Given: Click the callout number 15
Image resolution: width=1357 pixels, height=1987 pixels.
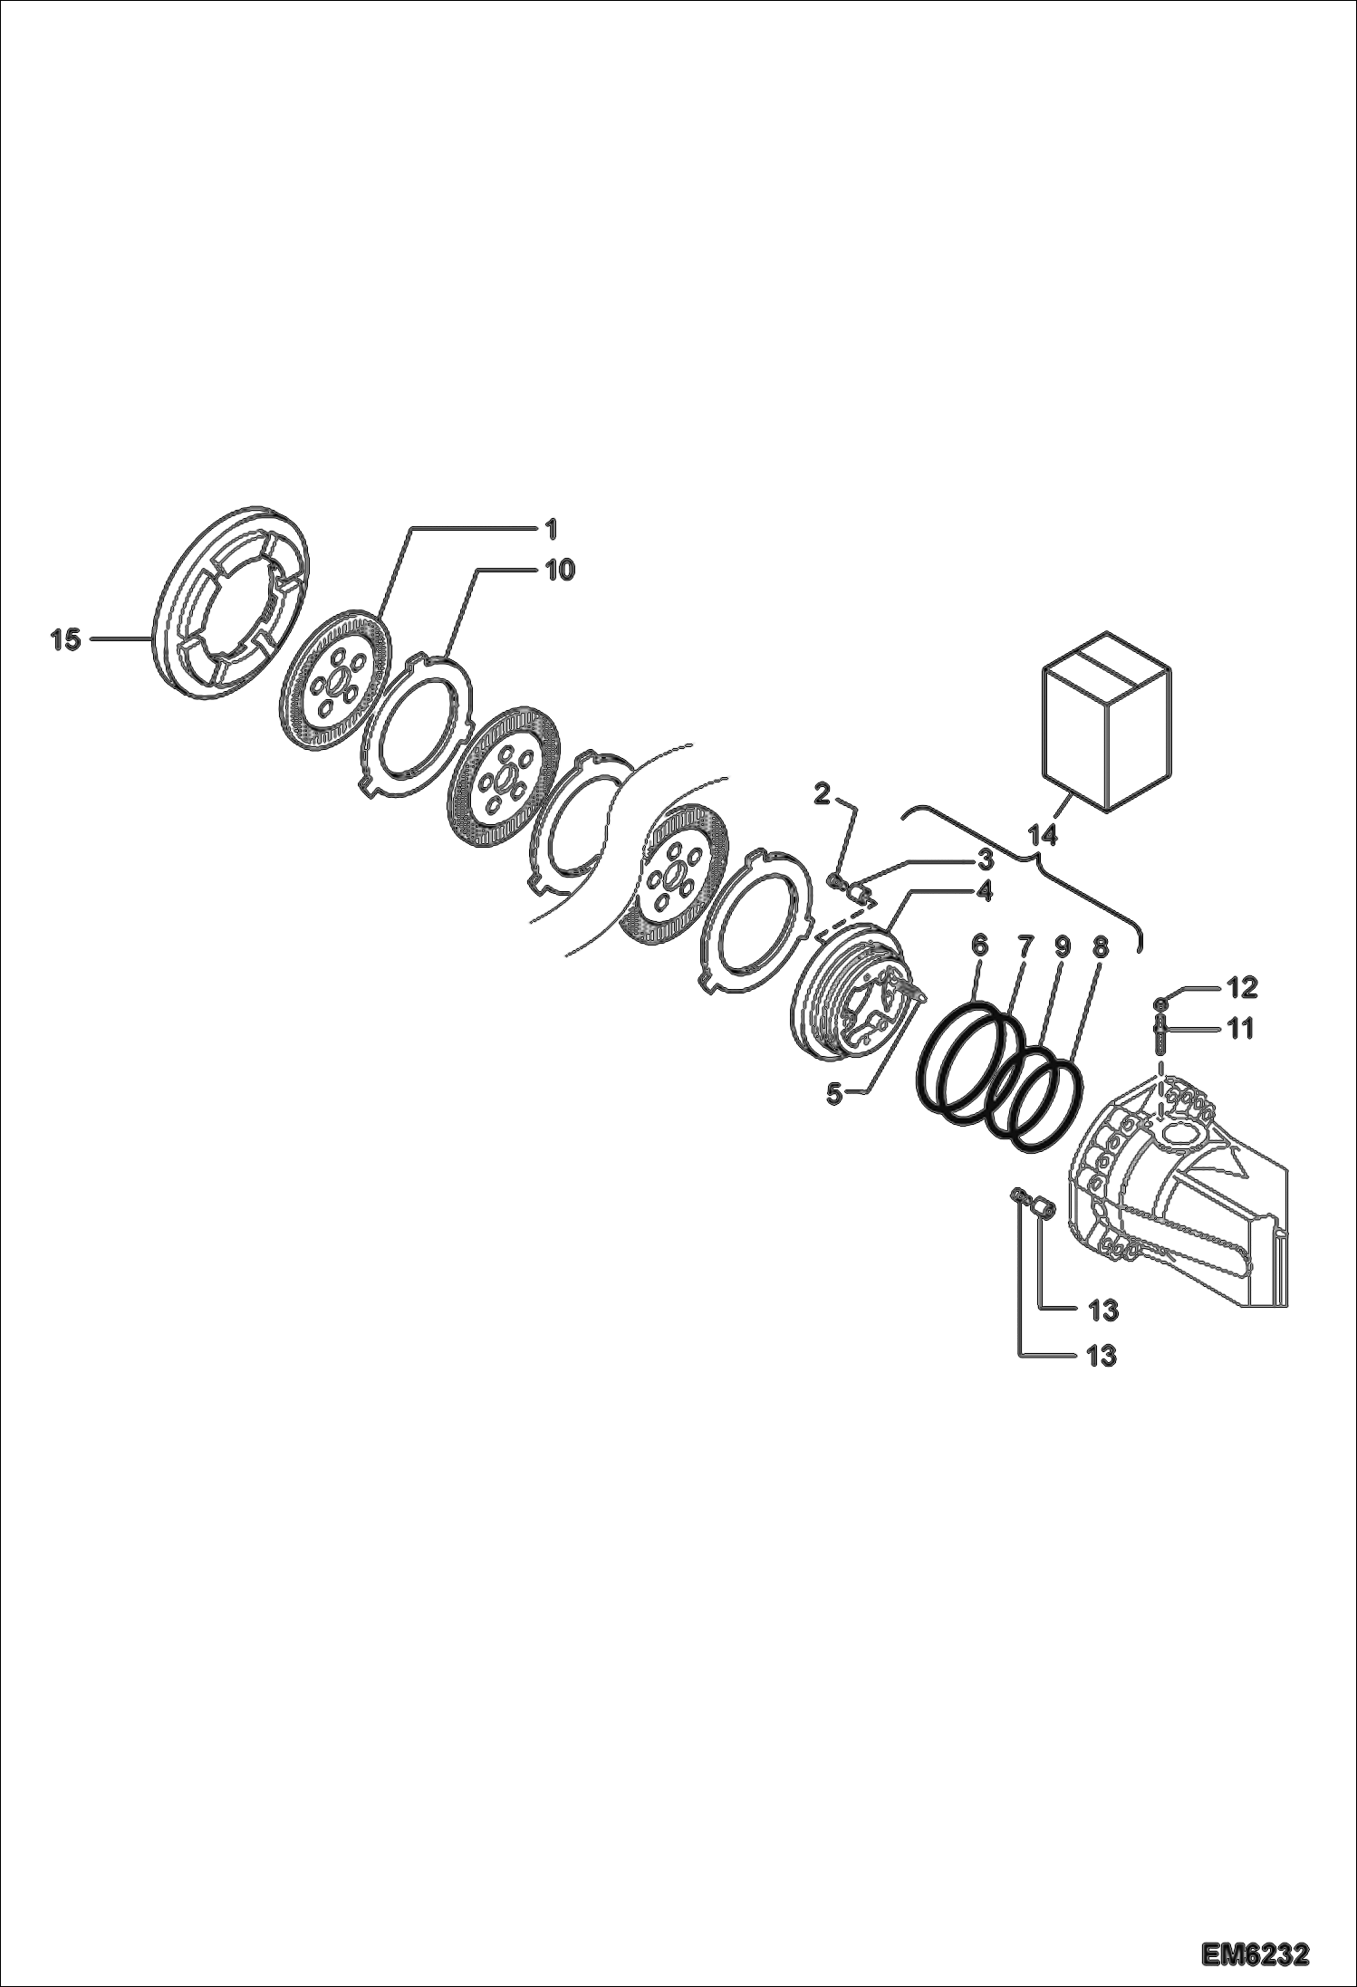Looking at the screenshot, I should pyautogui.click(x=65, y=640).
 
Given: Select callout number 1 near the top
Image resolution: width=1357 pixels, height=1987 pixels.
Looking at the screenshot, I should pyautogui.click(x=550, y=527).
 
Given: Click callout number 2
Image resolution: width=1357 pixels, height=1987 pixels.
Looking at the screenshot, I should pyautogui.click(x=822, y=794).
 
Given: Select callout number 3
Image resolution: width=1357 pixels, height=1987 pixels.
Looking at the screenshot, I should pyautogui.click(x=985, y=858).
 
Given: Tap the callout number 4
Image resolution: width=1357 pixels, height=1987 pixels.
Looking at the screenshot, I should pyautogui.click(x=985, y=891).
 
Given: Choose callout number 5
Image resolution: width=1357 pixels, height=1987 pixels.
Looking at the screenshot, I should pyautogui.click(x=834, y=1093).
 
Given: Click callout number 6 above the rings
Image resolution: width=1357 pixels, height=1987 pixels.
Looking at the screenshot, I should pyautogui.click(x=979, y=946).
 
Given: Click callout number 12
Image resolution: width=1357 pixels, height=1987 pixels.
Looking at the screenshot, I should pyautogui.click(x=1242, y=987).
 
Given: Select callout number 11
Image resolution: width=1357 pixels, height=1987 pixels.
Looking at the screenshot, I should pyautogui.click(x=1239, y=1028).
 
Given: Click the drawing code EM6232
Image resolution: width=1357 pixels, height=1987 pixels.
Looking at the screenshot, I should pyautogui.click(x=1256, y=1950).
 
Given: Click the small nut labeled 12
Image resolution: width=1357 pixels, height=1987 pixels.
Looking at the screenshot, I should pyautogui.click(x=1160, y=1002).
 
